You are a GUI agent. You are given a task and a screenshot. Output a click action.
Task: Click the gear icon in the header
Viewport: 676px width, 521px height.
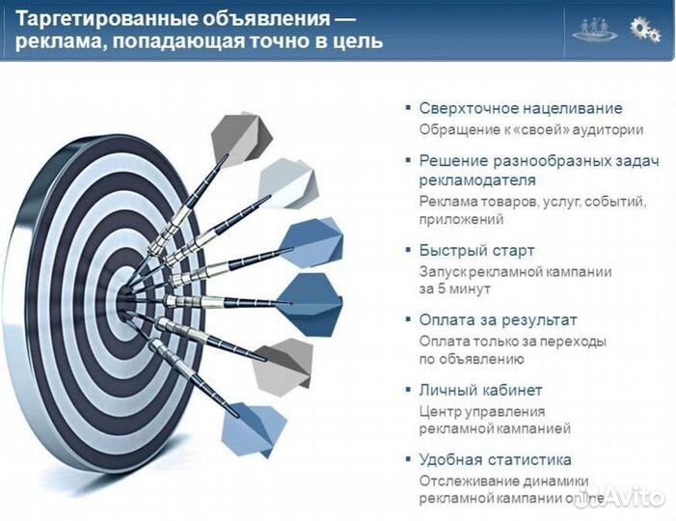[x=645, y=29]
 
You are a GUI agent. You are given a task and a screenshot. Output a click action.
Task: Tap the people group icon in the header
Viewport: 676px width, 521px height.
[x=594, y=29]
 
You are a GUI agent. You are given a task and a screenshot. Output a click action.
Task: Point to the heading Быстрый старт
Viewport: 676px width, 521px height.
[x=476, y=250]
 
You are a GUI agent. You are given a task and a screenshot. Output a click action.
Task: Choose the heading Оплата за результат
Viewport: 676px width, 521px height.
[x=498, y=319]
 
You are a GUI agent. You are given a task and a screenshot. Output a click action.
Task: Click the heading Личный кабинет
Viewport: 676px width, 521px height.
[x=480, y=390]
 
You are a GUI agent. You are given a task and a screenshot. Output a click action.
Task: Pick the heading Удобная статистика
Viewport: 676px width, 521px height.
[x=495, y=459]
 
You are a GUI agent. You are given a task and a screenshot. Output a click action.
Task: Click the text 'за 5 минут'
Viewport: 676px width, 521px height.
[x=455, y=288]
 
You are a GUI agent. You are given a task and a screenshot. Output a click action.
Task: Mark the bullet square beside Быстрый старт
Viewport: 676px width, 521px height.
[x=409, y=250]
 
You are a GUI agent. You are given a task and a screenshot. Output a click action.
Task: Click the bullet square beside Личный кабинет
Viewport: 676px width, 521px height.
[x=409, y=390]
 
